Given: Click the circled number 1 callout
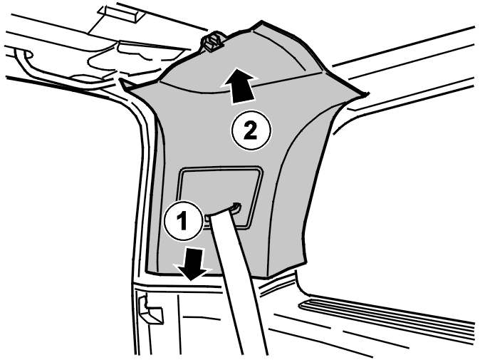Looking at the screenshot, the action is click(x=183, y=220).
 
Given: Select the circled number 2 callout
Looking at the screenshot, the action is click(x=251, y=130).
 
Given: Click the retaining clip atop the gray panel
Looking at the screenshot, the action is click(x=212, y=41).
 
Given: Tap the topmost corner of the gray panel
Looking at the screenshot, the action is click(x=261, y=21).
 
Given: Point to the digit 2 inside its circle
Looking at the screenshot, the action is click(x=251, y=131).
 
